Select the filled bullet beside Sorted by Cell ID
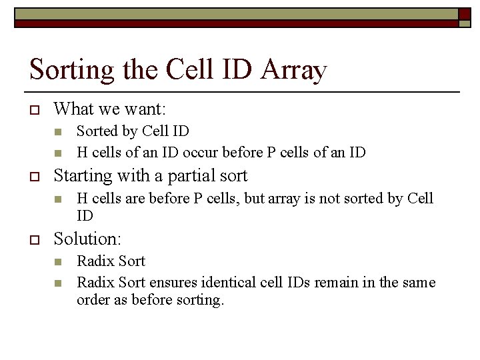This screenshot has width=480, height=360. click(58, 131)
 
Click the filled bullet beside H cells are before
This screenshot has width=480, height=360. click(58, 199)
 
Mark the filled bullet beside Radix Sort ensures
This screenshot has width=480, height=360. click(58, 283)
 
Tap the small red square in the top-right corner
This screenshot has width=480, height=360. click(465, 14)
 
